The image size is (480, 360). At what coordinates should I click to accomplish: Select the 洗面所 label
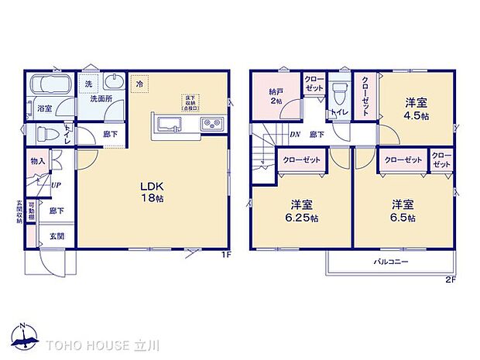coord(99,100)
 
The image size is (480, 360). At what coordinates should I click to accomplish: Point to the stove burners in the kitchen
coord(211,125)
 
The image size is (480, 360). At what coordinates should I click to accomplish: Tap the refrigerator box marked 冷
coord(140,83)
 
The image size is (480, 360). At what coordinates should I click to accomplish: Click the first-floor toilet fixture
coord(46,133)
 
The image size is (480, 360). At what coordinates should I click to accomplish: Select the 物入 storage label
coord(38,161)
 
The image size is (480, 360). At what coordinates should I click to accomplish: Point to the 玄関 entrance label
coord(57,236)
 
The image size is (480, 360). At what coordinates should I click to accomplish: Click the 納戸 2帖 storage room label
coord(277,95)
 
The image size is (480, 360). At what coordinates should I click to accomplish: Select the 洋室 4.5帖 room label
coord(417,108)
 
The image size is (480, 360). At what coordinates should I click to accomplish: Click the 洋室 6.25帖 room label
coord(301,211)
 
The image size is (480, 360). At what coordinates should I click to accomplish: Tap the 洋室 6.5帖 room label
coord(402,211)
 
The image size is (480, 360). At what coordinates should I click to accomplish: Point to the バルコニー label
coord(392,261)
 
